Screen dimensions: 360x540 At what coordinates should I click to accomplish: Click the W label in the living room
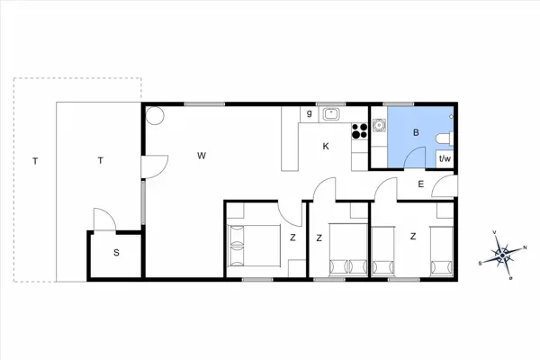[202, 156]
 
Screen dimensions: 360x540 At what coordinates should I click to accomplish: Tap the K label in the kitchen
[327, 146]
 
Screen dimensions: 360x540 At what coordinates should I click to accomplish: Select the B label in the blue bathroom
[416, 133]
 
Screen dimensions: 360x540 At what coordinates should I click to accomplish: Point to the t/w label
[444, 158]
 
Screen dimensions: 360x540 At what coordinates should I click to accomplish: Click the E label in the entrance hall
[420, 184]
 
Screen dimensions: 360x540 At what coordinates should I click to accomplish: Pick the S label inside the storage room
[116, 253]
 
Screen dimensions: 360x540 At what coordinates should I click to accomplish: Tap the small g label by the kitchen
[309, 113]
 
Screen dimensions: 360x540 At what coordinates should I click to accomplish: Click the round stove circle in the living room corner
[155, 115]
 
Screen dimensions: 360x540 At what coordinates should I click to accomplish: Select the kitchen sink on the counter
[330, 113]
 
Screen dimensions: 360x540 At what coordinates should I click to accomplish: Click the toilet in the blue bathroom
[442, 138]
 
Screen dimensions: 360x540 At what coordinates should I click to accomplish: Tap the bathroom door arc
[414, 157]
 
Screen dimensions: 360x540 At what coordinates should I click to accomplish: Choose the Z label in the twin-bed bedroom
[413, 237]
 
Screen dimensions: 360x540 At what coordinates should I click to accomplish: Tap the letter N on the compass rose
[526, 245]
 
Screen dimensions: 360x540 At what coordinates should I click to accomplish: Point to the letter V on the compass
[496, 232]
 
